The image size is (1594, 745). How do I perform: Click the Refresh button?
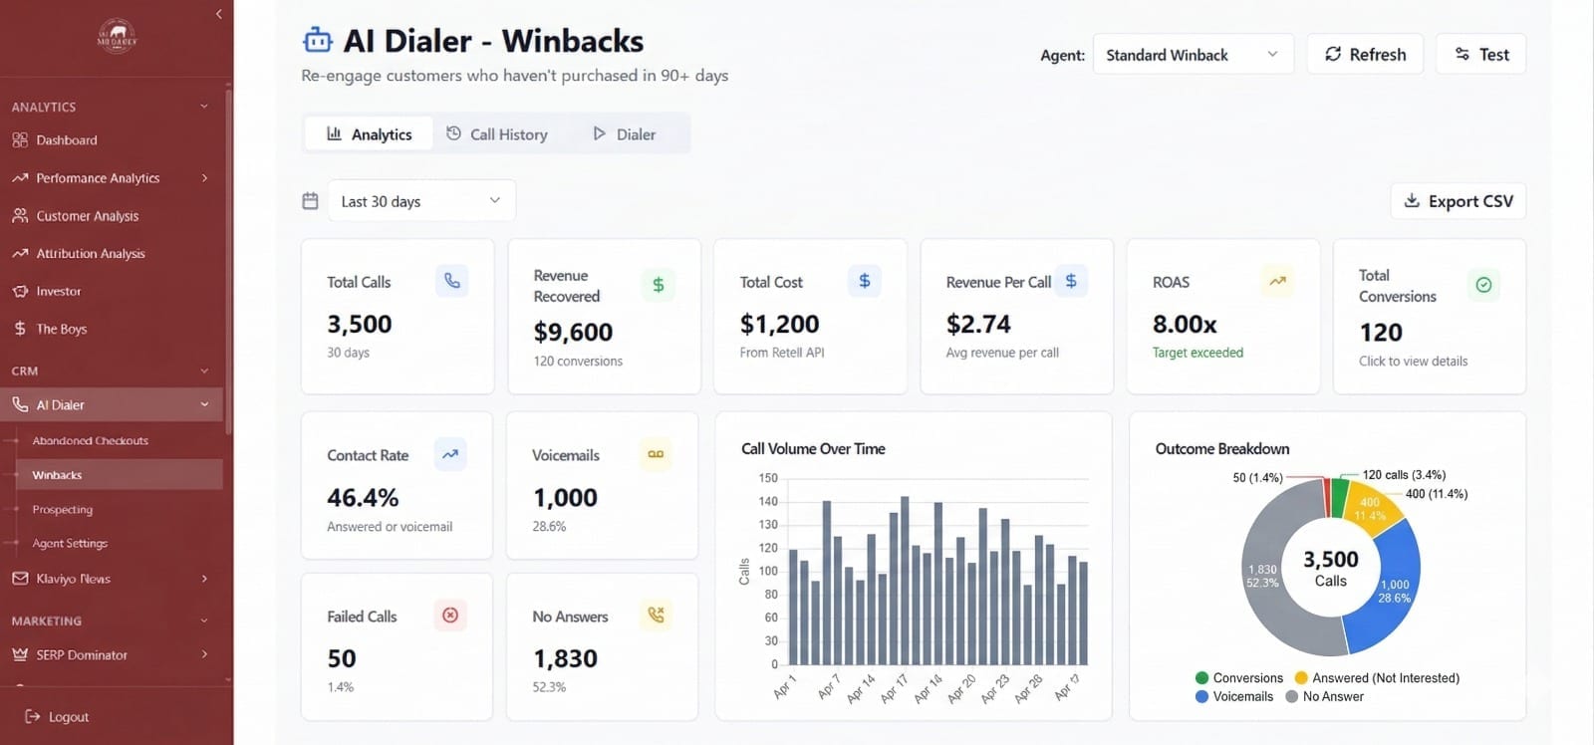point(1364,55)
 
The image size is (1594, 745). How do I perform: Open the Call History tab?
point(496,134)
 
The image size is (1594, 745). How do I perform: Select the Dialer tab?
point(624,134)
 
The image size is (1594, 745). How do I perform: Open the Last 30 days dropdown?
point(421,201)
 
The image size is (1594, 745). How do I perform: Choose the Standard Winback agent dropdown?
point(1192,55)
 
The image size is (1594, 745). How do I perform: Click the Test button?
point(1480,55)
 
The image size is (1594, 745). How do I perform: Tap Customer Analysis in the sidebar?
point(87,216)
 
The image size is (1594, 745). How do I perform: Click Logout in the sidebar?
point(68,717)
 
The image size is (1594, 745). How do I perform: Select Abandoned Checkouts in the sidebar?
point(90,440)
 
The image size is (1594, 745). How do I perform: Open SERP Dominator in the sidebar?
point(82,655)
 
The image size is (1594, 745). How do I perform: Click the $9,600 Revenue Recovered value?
point(573,332)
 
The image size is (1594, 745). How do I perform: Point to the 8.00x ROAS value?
point(1185,325)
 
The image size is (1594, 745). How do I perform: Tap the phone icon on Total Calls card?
point(452,281)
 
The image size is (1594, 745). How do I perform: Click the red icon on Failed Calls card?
point(450,616)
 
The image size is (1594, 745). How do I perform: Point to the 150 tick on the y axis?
point(767,478)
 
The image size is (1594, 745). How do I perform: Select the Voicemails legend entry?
point(1234,697)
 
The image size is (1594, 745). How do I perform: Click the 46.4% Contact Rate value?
point(363,498)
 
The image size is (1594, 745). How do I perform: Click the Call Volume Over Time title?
point(813,449)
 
